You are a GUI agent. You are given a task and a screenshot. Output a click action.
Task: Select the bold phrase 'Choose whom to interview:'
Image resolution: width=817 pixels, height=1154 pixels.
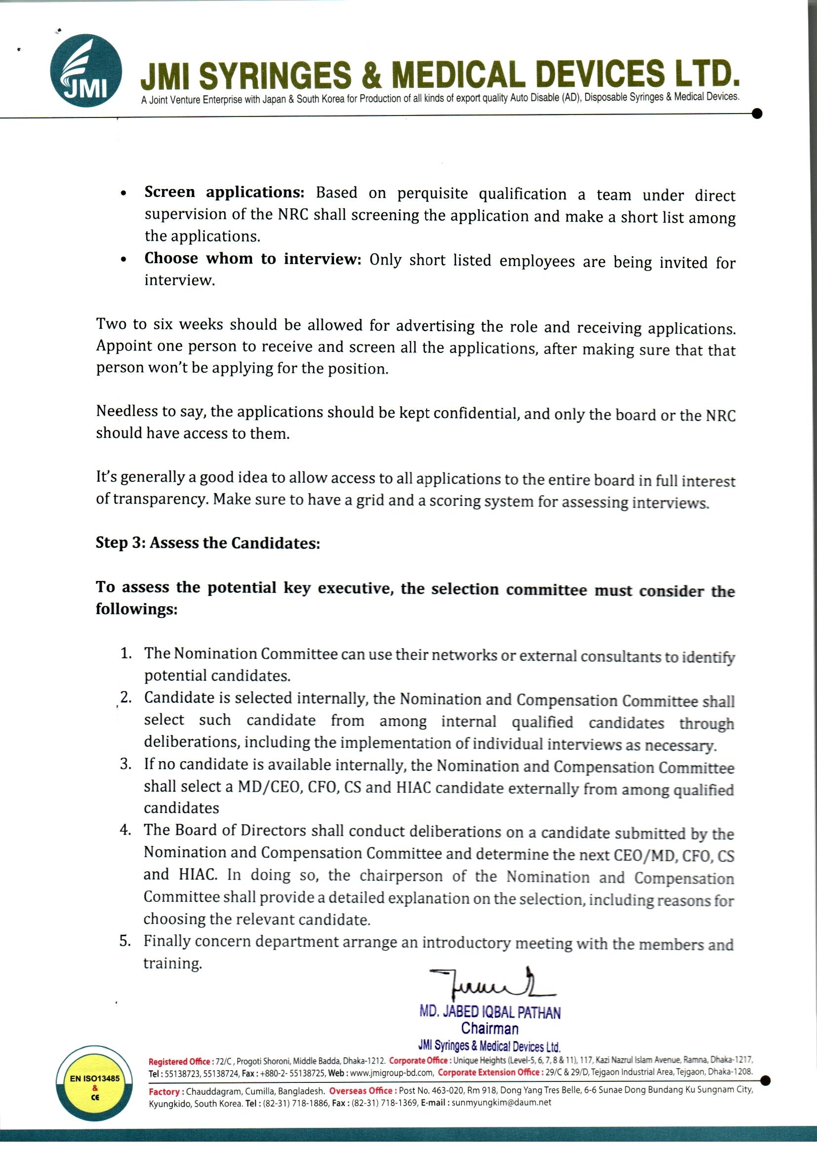253,259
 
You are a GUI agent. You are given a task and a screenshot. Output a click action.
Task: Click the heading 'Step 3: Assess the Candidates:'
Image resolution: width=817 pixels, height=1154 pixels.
208,543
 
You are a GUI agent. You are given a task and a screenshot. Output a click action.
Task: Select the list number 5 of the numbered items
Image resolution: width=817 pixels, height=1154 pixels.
125,941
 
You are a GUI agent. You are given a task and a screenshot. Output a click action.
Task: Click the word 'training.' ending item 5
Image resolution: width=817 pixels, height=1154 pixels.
172,963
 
